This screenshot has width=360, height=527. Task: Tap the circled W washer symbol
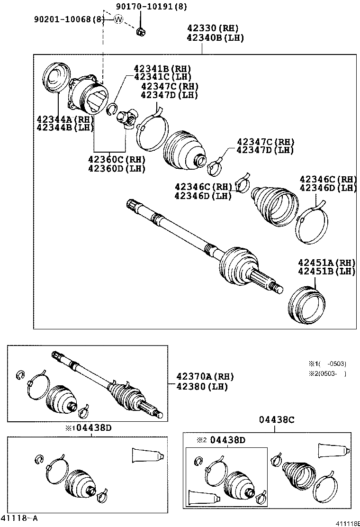pyautogui.click(x=118, y=19)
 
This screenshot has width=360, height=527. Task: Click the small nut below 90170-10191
pyautogui.click(x=141, y=31)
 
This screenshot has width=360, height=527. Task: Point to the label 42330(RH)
pyautogui.click(x=212, y=28)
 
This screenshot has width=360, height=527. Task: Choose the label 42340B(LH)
pyautogui.click(x=215, y=38)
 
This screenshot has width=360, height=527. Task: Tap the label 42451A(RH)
pyautogui.click(x=326, y=263)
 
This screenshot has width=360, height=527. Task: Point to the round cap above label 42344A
pyautogui.click(x=56, y=78)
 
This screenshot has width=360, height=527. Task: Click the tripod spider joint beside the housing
pyautogui.click(x=127, y=118)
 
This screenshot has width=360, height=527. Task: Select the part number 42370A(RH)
pyautogui.click(x=205, y=376)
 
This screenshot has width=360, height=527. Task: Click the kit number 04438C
pyautogui.click(x=277, y=419)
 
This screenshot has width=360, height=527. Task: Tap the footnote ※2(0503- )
pyautogui.click(x=328, y=373)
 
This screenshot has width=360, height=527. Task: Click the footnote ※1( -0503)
pyautogui.click(x=328, y=364)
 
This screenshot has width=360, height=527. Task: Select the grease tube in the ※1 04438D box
pyautogui.click(x=148, y=456)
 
